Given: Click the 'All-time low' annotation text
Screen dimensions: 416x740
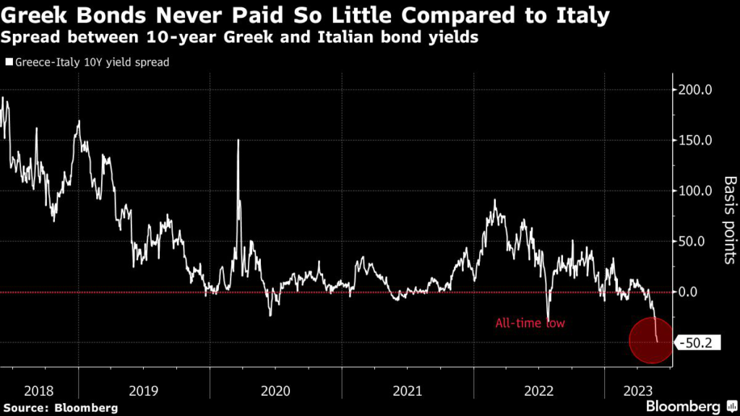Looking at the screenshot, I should coord(530,324).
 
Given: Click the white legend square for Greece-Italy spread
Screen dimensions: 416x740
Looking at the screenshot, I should coord(9,62).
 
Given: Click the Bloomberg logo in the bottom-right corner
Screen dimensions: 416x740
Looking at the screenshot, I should coord(683,406).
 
